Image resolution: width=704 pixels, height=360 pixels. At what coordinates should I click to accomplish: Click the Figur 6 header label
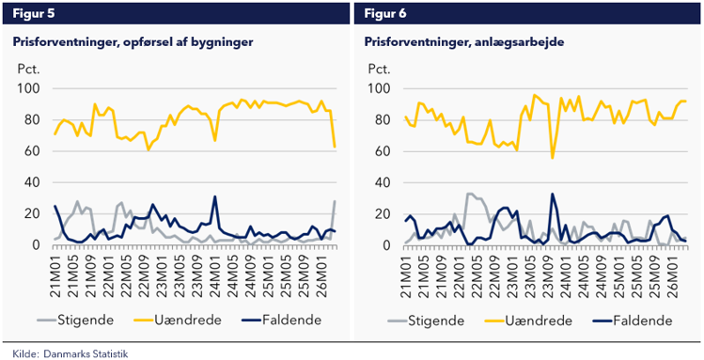(x=386, y=12)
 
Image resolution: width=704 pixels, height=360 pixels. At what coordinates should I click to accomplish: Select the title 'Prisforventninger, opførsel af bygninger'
(x=133, y=42)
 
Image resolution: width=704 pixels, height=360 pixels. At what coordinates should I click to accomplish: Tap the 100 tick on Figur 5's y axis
(x=31, y=88)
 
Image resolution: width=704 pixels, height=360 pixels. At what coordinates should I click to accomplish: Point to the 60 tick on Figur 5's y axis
(x=35, y=151)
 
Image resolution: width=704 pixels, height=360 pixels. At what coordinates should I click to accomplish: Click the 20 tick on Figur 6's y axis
(x=385, y=214)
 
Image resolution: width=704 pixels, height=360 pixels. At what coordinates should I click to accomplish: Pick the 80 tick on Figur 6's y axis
(x=385, y=120)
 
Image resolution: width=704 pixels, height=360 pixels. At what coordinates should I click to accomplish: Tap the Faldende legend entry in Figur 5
(x=288, y=321)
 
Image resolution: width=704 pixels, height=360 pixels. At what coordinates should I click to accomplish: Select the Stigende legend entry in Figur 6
(x=437, y=321)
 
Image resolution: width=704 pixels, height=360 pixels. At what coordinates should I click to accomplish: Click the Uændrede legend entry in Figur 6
(x=537, y=321)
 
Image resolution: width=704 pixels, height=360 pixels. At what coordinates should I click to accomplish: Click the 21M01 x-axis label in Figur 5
(x=55, y=272)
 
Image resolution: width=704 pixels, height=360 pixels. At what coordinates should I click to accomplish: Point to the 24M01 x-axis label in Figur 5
(x=215, y=272)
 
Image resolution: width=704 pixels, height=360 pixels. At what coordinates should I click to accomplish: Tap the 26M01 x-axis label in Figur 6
(x=673, y=272)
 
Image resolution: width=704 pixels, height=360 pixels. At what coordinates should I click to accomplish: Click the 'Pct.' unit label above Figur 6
(x=378, y=70)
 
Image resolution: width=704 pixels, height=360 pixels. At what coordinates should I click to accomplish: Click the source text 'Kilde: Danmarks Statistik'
(x=70, y=353)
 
